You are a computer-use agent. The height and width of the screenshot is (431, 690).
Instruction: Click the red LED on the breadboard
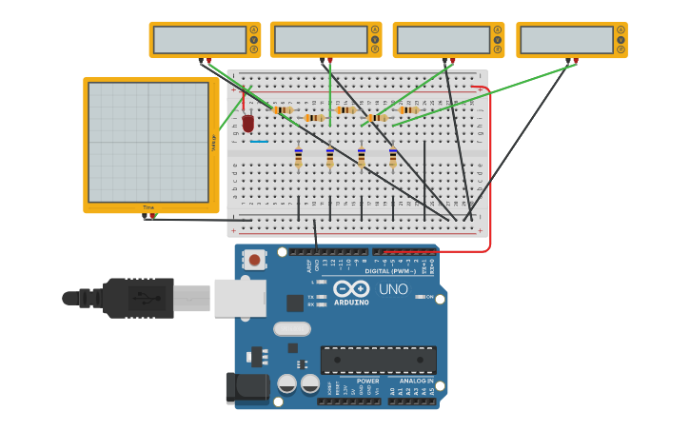pos(248,123)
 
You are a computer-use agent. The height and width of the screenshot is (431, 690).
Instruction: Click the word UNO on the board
pos(393,289)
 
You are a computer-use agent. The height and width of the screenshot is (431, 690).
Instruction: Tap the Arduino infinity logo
pos(351,288)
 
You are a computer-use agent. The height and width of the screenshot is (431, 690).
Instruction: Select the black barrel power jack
pos(246,388)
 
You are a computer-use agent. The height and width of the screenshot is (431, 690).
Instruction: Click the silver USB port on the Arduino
pos(240,298)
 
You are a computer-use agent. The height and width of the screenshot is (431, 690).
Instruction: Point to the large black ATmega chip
pos(378,360)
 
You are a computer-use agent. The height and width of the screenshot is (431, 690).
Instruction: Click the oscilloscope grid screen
pos(148,142)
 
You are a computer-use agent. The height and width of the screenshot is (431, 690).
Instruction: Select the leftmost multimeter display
pos(200,40)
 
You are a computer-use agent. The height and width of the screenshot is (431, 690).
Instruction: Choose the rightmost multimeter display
pos(567,40)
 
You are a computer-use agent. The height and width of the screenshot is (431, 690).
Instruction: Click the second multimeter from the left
pos(321,40)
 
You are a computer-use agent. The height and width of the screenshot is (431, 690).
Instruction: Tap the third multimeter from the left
pos(444,40)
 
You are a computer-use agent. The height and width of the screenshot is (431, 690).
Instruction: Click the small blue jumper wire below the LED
pos(259,142)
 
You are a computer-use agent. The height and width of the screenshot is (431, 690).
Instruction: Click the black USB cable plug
pos(138,298)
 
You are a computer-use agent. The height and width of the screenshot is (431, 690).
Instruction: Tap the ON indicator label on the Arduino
pos(429,297)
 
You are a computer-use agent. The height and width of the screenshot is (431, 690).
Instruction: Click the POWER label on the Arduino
pos(367,381)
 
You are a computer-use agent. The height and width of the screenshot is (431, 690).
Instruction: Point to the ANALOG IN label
pos(415,381)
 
